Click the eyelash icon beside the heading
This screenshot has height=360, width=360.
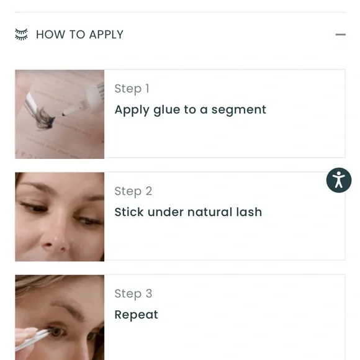point(21,34)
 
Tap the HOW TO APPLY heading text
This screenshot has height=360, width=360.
point(79,35)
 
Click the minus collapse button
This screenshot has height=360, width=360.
point(341,35)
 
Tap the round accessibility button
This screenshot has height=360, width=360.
point(339,180)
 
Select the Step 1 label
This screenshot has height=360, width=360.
point(132,89)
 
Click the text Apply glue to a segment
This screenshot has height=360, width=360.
point(191,110)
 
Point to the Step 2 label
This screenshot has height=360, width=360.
point(133,191)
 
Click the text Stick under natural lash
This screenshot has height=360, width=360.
point(188,212)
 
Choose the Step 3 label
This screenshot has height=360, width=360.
point(133,294)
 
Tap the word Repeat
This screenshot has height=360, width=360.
point(137,315)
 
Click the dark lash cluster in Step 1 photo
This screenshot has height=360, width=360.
point(45,119)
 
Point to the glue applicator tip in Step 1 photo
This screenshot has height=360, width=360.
point(64,114)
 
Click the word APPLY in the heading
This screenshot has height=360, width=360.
point(106,35)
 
